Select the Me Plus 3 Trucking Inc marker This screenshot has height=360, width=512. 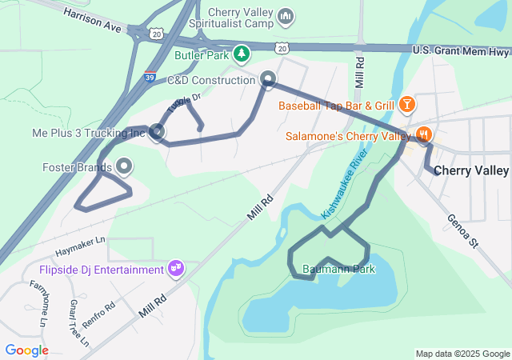157,132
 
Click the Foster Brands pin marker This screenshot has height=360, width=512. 125,167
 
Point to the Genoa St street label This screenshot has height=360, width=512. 462,230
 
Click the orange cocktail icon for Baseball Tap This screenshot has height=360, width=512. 407,105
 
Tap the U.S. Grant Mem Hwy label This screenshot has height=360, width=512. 461,51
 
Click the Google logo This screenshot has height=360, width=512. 26,350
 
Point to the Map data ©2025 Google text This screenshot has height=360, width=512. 462,354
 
